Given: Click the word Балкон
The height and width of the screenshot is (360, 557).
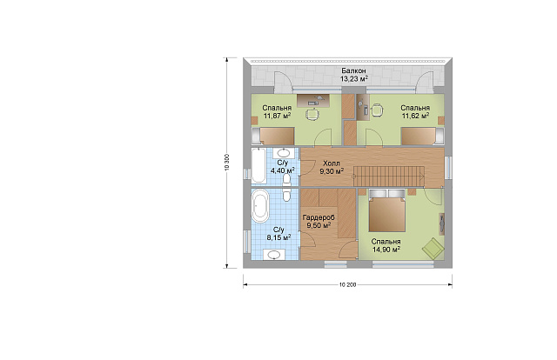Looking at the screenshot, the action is click(353, 71).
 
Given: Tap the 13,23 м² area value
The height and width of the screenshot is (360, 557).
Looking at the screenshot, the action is click(354, 79).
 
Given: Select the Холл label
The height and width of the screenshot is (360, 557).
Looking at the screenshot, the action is click(332, 163).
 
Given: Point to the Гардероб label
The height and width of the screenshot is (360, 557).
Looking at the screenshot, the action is click(319, 217).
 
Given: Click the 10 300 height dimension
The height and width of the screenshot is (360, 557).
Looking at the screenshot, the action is click(227, 163).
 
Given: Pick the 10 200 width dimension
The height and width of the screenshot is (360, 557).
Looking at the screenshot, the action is click(348, 284).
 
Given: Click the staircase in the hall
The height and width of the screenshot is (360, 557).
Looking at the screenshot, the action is click(389, 176).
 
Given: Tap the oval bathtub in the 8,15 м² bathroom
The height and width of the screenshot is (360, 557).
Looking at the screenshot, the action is click(260, 205).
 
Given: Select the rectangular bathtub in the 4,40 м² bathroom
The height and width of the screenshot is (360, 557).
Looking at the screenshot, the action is click(258, 165).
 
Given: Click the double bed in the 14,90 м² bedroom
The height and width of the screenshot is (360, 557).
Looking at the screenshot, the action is click(386, 210).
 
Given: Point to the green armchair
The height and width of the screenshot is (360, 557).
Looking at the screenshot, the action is click(433, 248).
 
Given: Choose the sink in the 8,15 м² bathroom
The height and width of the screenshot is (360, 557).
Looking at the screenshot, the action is click(273, 255).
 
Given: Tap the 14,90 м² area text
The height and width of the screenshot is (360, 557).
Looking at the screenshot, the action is click(386, 250).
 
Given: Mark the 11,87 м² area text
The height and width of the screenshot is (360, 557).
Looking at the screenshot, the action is click(277, 116).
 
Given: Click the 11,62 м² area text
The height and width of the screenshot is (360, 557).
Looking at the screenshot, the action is click(415, 116).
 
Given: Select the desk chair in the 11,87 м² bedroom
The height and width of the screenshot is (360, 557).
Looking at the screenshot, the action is click(312, 113).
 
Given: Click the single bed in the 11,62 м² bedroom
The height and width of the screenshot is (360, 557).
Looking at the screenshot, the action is click(422, 137).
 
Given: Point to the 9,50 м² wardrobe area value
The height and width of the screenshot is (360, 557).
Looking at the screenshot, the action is click(319, 225).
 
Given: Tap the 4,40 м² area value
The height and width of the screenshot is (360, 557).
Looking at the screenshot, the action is click(283, 170).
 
